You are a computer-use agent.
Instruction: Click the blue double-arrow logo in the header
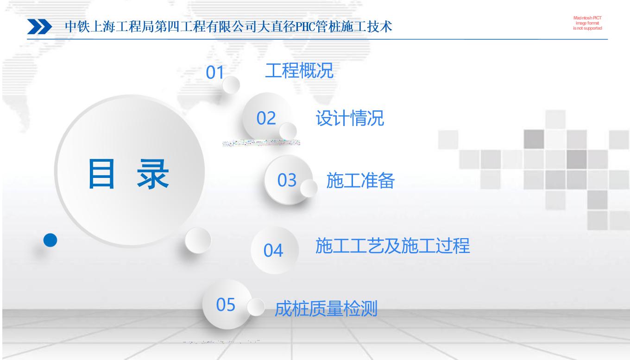(40, 27)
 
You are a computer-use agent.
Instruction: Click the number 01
(214, 73)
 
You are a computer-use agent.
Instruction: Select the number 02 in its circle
(266, 118)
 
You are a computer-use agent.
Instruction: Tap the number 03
(287, 180)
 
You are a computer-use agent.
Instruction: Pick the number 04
(273, 250)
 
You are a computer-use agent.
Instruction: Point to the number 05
(226, 304)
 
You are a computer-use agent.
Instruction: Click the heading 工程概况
(299, 70)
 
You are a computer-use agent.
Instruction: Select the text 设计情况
(350, 118)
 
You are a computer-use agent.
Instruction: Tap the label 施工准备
(360, 181)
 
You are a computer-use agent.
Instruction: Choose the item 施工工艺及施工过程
(393, 246)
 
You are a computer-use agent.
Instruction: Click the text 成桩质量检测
(326, 309)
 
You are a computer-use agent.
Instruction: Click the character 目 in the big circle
(101, 174)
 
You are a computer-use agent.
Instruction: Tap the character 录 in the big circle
(153, 174)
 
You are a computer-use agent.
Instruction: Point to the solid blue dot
(50, 240)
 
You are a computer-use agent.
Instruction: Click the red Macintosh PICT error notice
(587, 23)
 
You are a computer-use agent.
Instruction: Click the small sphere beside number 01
(231, 85)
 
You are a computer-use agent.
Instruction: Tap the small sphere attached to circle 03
(309, 188)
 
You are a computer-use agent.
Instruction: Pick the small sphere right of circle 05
(256, 307)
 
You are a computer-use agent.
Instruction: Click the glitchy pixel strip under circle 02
(261, 143)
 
